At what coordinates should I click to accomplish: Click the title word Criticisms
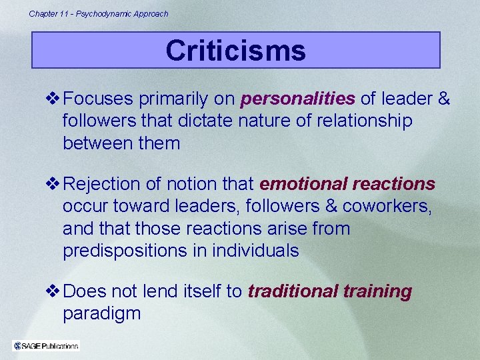235,51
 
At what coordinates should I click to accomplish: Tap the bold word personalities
297,99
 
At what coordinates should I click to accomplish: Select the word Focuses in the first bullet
99,99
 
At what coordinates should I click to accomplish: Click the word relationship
361,121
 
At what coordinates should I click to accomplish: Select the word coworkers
385,206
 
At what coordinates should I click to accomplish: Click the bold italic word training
377,292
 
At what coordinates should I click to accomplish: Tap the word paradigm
101,313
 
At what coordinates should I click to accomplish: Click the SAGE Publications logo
46,345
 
